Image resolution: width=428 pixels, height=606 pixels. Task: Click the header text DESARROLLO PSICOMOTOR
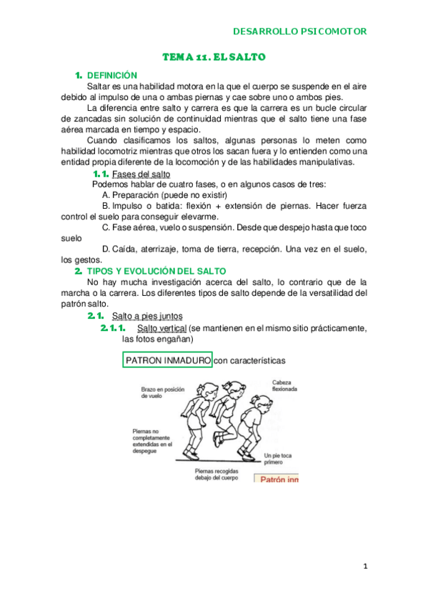click(x=300, y=31)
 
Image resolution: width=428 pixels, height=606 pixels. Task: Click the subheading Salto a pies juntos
click(x=147, y=316)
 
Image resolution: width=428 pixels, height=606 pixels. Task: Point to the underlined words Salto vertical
click(x=161, y=328)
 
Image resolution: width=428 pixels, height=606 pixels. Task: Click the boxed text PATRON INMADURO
click(x=168, y=361)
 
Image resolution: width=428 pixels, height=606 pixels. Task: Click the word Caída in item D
click(x=127, y=249)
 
